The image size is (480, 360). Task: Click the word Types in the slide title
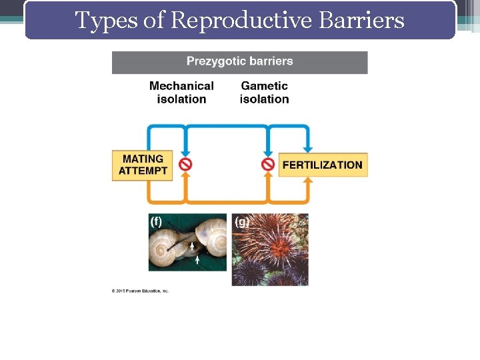(x=97, y=21)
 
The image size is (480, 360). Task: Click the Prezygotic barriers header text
(x=239, y=61)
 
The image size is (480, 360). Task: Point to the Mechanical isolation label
(x=181, y=92)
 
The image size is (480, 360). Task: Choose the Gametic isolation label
(x=264, y=92)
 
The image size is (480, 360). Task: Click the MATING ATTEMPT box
(x=143, y=165)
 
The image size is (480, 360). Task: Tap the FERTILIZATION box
(x=323, y=165)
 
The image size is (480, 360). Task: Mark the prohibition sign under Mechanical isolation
(x=186, y=164)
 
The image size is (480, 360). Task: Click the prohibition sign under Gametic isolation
(x=267, y=164)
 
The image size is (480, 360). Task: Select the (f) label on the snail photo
(x=156, y=221)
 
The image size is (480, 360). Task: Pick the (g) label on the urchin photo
(x=241, y=222)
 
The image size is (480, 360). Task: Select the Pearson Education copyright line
(x=140, y=291)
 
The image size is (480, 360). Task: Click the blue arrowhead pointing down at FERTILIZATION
(x=307, y=147)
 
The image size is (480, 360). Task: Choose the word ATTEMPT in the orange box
(x=143, y=171)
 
